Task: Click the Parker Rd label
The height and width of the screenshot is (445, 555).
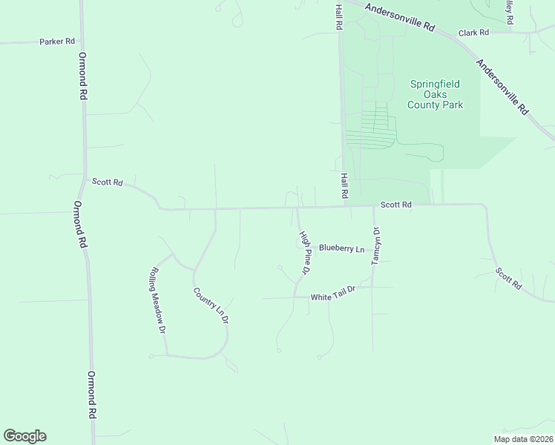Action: (x=57, y=42)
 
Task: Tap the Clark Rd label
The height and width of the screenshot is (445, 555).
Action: (x=473, y=33)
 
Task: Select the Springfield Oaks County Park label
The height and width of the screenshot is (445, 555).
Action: (x=436, y=94)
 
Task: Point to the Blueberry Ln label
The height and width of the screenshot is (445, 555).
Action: (x=341, y=248)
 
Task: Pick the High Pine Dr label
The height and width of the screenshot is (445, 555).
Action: (x=304, y=252)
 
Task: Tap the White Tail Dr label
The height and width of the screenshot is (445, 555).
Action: (x=334, y=297)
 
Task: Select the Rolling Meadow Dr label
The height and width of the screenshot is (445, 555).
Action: (x=157, y=300)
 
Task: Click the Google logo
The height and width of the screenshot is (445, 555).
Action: (x=24, y=436)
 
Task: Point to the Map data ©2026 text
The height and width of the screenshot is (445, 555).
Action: (x=523, y=439)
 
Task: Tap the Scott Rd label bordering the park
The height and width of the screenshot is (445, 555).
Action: (x=395, y=205)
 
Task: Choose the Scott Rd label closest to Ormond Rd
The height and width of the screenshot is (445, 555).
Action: (x=107, y=182)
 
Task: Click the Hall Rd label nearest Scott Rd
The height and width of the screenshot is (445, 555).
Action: (x=344, y=185)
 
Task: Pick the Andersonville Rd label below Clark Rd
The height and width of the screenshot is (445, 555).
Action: (x=502, y=87)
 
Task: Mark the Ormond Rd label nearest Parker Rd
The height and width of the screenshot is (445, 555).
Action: (x=84, y=76)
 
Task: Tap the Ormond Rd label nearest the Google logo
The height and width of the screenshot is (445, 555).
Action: (x=93, y=395)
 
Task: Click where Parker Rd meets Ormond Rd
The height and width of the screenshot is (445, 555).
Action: (x=82, y=42)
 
